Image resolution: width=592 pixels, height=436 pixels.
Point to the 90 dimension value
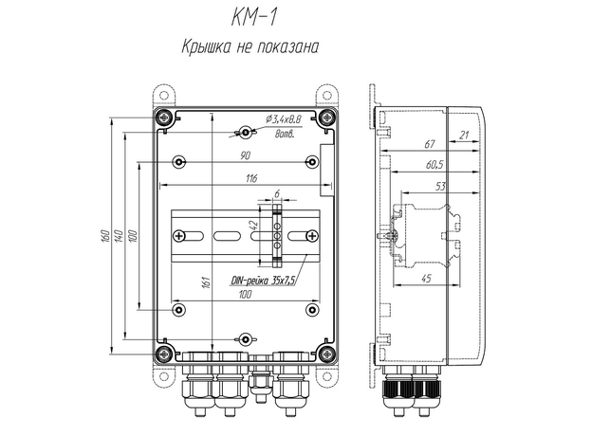click(245, 154)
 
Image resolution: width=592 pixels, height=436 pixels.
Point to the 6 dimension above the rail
click(276, 195)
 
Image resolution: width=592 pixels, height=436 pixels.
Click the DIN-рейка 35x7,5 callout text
click(263, 281)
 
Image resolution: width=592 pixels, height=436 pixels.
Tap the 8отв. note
click(284, 136)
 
